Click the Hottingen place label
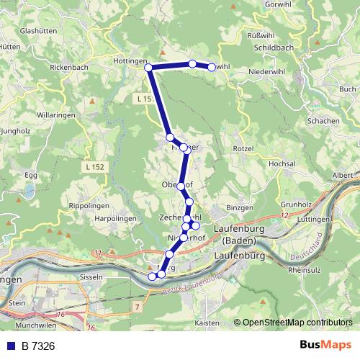tap(130, 61)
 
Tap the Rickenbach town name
tap(70, 68)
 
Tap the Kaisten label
tap(207, 323)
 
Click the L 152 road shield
tap(91, 167)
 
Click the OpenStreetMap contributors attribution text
tap(297, 323)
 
